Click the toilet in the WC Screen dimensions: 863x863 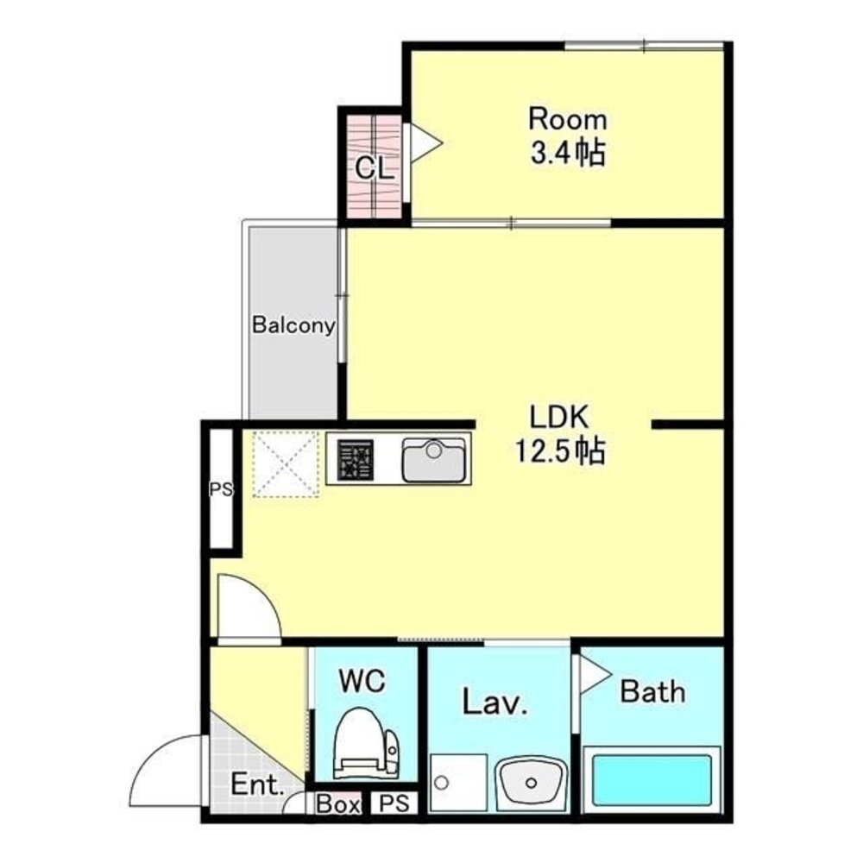[x=367, y=743]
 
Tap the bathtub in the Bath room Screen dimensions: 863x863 [x=652, y=779]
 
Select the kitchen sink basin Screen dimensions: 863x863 [x=434, y=460]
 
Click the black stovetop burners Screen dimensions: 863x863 [x=355, y=460]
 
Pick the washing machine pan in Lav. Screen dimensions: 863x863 [x=458, y=782]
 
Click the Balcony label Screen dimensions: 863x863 [x=293, y=325]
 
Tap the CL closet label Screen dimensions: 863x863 [x=375, y=168]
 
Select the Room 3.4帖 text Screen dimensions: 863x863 [x=568, y=136]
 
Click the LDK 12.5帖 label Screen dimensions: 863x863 [x=560, y=434]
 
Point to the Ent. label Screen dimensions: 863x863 [x=257, y=784]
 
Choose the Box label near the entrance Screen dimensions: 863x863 [x=338, y=804]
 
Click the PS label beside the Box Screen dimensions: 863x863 [x=394, y=803]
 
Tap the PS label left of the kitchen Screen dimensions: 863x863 [x=221, y=488]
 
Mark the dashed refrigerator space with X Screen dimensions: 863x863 [x=286, y=464]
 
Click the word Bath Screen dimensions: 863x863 [x=652, y=691]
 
